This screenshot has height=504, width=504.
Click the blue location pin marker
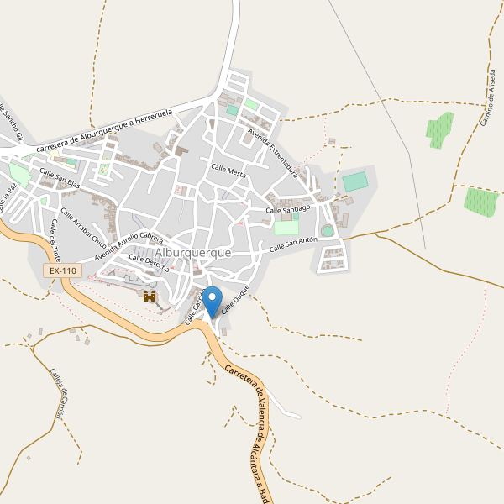[213, 300]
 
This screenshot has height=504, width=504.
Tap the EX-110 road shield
[63, 270]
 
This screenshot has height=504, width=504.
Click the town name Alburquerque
[192, 252]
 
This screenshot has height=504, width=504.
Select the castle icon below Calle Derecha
[150, 297]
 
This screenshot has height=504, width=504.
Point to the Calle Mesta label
[228, 171]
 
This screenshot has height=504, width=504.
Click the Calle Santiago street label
[288, 207]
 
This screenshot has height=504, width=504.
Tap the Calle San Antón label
[293, 245]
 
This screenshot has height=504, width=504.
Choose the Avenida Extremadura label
[273, 150]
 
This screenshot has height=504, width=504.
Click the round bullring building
[328, 230]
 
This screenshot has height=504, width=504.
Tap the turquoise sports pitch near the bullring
[355, 181]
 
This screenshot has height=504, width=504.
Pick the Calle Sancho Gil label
[11, 122]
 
